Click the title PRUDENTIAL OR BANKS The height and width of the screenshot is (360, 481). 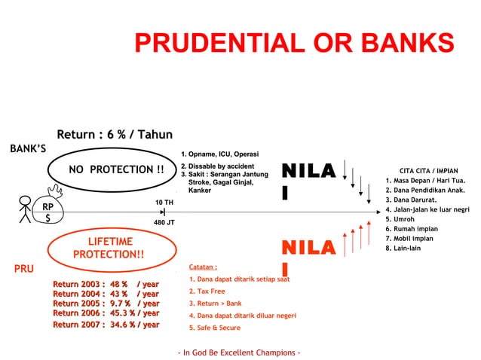click(294, 43)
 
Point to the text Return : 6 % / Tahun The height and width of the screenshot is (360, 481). click(115, 135)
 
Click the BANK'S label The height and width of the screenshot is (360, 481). click(28, 148)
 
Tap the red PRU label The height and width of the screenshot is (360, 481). click(24, 267)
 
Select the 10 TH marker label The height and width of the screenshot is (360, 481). click(164, 203)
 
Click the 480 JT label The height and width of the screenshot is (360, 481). click(164, 223)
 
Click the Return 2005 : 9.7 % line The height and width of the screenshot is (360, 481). click(106, 304)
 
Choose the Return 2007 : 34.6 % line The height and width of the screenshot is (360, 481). click(106, 325)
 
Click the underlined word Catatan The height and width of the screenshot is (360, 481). click(204, 267)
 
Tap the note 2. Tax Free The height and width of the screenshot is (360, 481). click(207, 291)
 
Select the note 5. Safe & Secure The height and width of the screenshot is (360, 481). click(215, 328)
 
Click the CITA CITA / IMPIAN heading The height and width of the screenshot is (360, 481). click(428, 171)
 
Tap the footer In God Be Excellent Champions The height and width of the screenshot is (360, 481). click(239, 352)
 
